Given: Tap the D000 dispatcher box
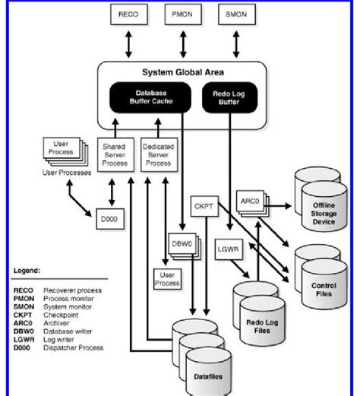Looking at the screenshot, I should click(x=103, y=219).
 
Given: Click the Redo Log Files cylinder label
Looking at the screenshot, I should click(x=261, y=315).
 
